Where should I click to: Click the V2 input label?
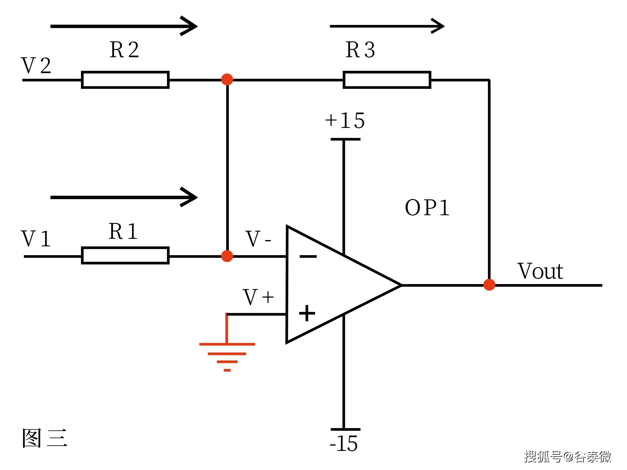(36, 65)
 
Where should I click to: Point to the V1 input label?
(36, 238)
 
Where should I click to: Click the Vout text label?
(540, 271)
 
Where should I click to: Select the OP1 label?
(427, 208)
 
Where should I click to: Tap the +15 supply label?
(345, 120)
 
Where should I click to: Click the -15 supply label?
(343, 444)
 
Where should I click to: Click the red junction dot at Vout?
(489, 285)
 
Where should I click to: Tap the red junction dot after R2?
(227, 79)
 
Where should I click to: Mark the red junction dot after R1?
(227, 256)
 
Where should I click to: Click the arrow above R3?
(387, 26)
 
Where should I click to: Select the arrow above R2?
(124, 26)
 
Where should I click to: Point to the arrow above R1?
(124, 197)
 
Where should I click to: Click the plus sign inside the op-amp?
(307, 313)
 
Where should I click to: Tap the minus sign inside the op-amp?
(308, 256)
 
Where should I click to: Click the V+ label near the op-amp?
(258, 297)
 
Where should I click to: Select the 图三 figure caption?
(45, 438)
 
